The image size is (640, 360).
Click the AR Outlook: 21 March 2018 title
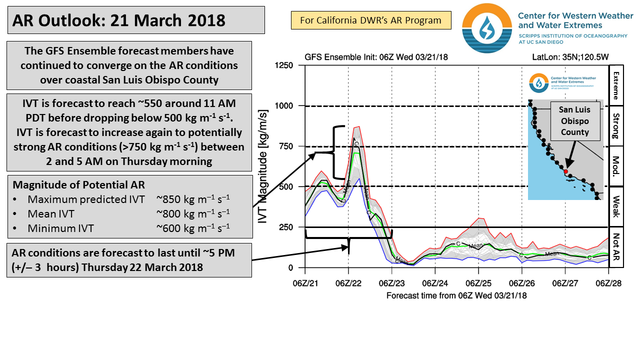pyautogui.click(x=118, y=20)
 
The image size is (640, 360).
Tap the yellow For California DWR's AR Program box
pyautogui.click(x=371, y=20)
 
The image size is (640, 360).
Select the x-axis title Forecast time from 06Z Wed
pyautogui.click(x=456, y=295)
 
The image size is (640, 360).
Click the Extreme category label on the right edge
pyautogui.click(x=615, y=85)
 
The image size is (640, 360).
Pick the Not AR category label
pyautogui.click(x=615, y=247)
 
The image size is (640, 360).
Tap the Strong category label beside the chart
pyautogui.click(x=615, y=125)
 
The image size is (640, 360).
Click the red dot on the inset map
pyautogui.click(x=565, y=171)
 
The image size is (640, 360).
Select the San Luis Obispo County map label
pyautogui.click(x=574, y=121)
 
